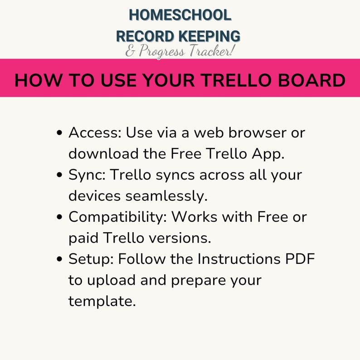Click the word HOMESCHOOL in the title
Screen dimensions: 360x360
pos(180,15)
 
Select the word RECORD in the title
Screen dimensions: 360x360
pos(146,36)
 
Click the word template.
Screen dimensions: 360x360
pos(102,301)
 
